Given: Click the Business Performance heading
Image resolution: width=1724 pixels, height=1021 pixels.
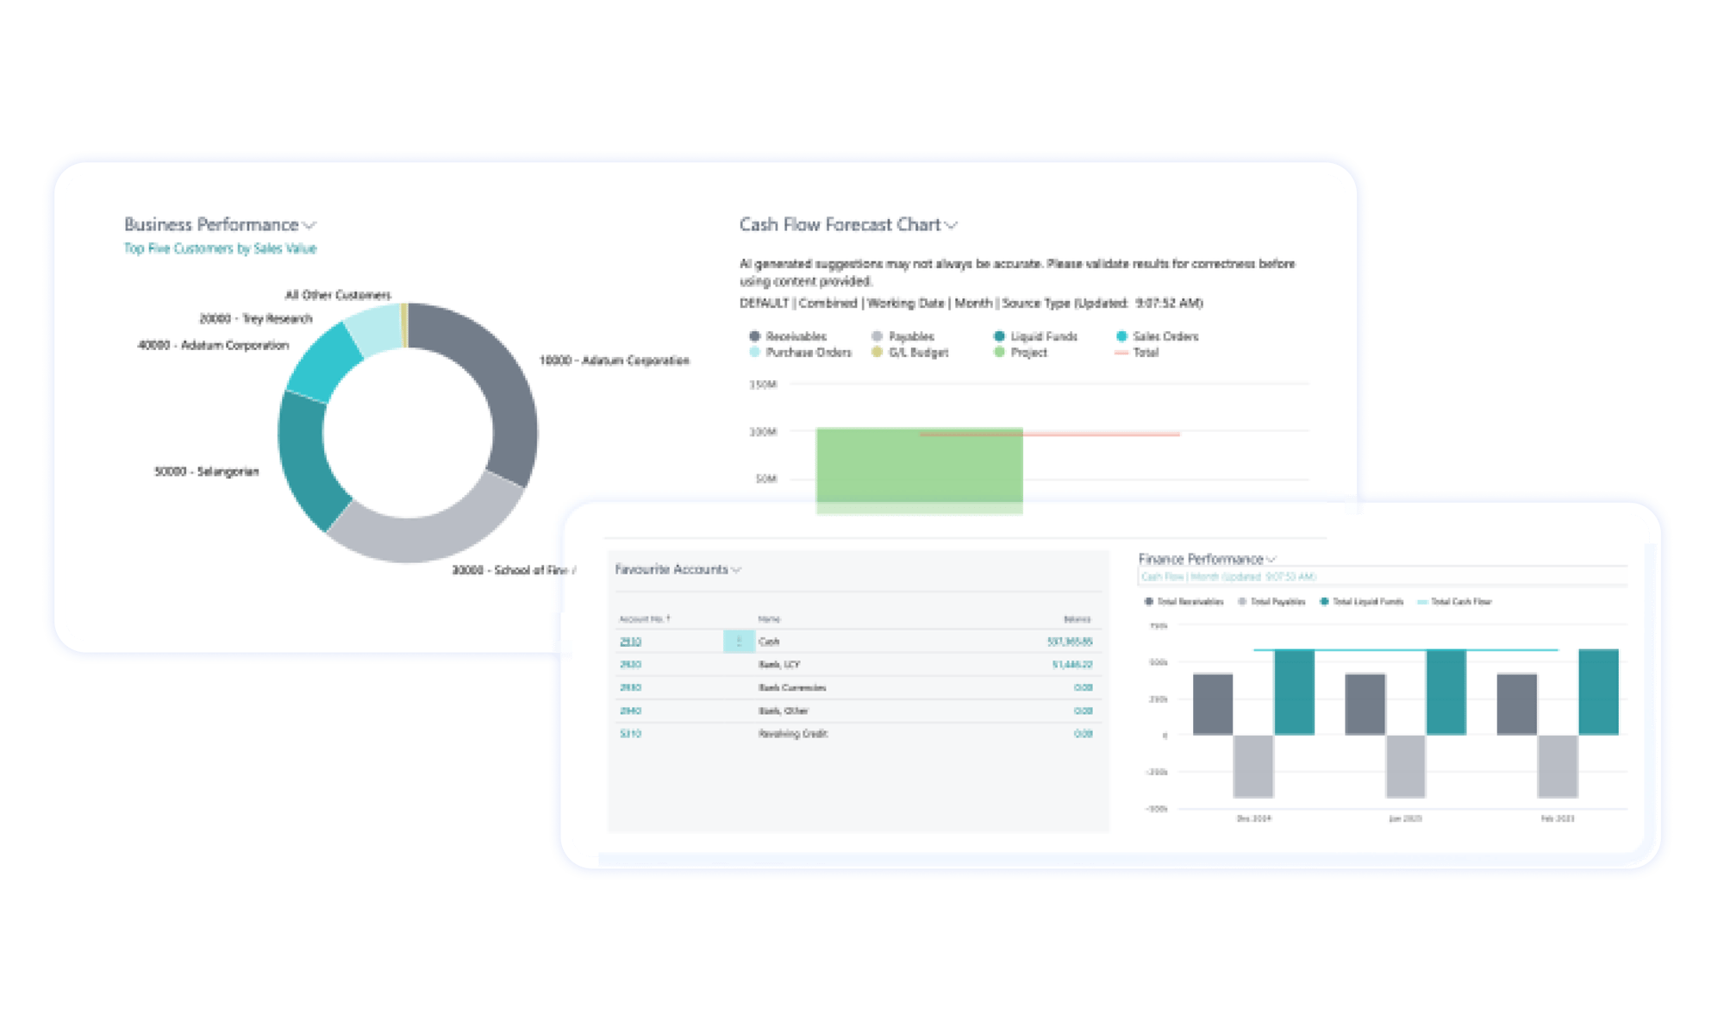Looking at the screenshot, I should point(211,225).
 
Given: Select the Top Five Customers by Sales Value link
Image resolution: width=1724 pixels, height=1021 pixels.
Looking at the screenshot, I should point(220,248).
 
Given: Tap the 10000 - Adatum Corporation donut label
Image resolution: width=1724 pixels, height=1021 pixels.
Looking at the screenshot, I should point(614,360).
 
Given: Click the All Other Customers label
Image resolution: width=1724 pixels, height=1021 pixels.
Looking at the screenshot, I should point(338,295).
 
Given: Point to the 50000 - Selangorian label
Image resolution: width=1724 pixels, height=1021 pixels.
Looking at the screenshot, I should point(206,472).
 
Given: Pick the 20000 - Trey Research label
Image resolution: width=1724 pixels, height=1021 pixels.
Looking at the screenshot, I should point(255,319).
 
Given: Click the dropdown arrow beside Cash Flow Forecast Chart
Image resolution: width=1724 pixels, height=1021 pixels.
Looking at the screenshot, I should point(952,226).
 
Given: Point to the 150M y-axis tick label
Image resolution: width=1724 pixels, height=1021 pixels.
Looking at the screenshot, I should point(763,385).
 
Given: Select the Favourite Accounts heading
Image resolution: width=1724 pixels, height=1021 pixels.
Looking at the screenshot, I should point(671,569).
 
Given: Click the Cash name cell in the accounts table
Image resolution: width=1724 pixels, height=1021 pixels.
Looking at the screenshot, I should point(769,642).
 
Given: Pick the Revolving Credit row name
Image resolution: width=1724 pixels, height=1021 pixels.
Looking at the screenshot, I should point(792,734).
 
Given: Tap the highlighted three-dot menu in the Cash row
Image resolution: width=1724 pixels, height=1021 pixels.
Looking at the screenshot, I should point(739,642).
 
